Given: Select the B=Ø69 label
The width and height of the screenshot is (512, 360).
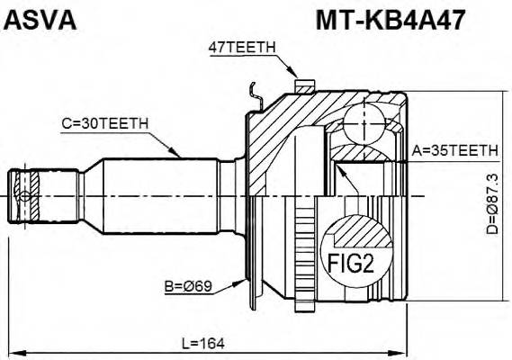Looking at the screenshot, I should point(188,289).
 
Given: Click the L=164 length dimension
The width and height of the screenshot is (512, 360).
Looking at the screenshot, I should point(203,343).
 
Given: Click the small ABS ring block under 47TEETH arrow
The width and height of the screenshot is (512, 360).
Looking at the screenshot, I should point(304,86).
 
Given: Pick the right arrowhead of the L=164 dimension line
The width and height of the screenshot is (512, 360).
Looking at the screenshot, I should point(406,352).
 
